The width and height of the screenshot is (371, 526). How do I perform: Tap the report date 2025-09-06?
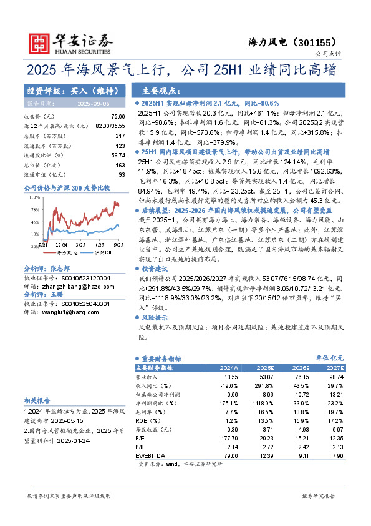93,104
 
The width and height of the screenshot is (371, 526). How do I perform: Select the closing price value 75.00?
117,117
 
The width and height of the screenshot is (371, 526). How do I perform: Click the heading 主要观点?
161,91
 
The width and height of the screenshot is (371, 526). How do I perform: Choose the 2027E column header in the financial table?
335,369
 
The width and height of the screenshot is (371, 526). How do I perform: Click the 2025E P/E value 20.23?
264,439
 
